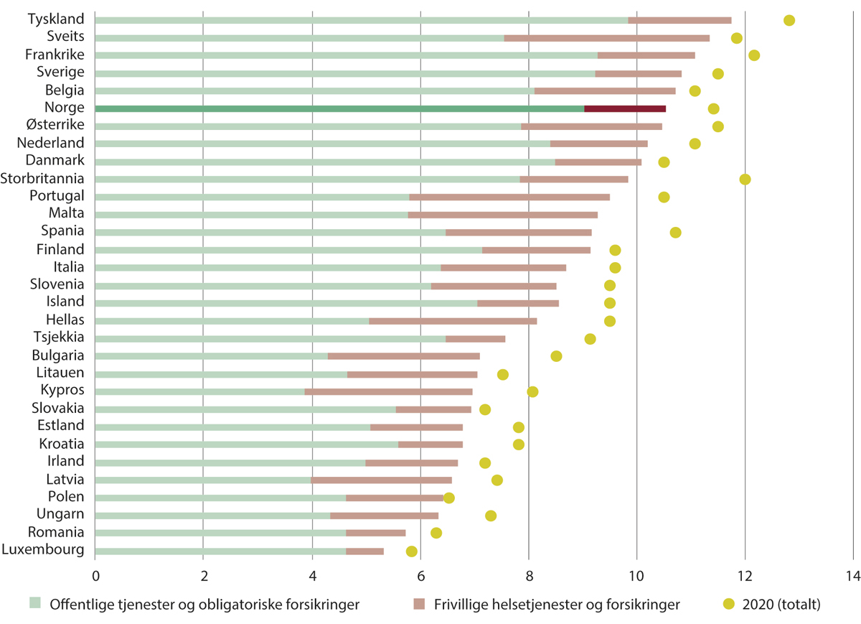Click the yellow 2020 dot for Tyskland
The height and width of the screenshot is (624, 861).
[789, 20]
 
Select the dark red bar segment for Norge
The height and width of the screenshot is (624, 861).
[625, 108]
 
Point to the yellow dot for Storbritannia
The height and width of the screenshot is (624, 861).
[745, 179]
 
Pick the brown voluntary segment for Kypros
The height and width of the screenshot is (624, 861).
[388, 391]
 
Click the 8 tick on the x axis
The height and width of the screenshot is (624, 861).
[528, 575]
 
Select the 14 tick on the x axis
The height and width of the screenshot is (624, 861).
[852, 575]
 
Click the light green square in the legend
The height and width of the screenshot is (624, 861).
[34, 603]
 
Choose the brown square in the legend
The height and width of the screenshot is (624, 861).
[419, 603]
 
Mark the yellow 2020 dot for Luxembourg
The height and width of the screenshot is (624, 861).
[411, 551]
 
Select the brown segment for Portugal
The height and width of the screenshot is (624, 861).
[509, 197]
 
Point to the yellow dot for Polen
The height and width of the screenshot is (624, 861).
[449, 498]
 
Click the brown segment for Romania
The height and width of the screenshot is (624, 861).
[376, 533]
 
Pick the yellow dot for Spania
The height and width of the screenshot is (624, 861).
[675, 232]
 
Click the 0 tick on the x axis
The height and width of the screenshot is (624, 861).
[95, 575]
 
